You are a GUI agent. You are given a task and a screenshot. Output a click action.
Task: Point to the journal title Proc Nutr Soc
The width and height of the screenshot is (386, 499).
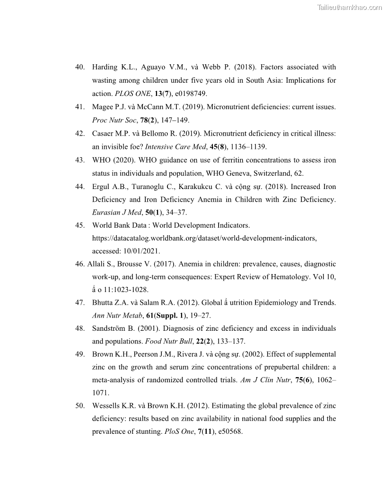[114, 120]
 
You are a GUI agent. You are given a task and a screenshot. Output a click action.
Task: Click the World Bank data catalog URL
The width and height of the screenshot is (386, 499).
[204, 238]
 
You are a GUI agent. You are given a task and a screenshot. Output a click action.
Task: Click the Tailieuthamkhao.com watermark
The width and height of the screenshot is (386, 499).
[349, 8]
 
